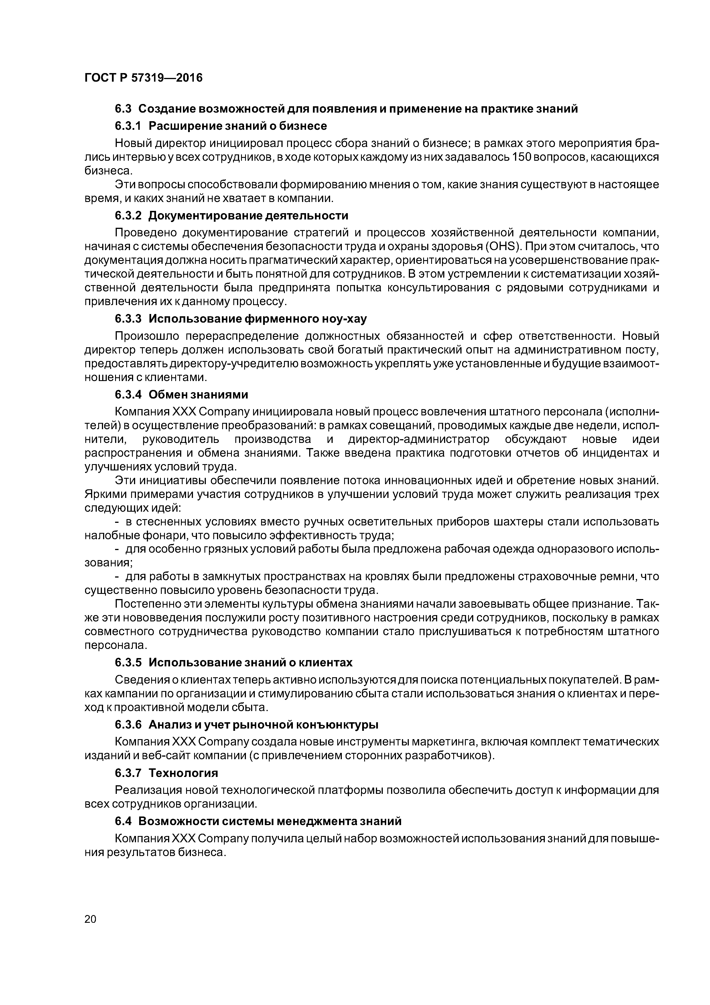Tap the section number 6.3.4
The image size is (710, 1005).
128,394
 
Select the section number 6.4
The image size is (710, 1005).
124,821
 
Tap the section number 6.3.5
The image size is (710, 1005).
128,662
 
